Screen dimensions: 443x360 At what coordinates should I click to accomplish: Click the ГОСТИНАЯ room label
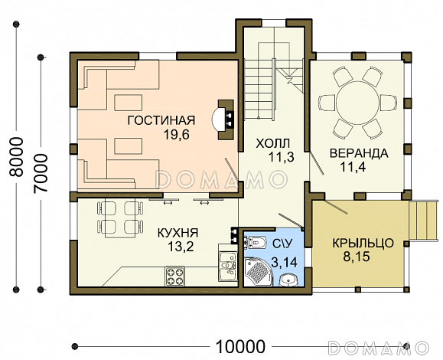161,120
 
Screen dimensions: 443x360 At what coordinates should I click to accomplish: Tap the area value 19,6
176,135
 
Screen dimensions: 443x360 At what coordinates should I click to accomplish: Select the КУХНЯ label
178,234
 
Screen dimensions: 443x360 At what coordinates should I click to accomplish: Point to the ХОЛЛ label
273,144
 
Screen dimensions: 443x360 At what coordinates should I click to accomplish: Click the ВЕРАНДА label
359,153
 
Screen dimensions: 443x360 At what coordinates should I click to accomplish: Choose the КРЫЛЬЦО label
363,244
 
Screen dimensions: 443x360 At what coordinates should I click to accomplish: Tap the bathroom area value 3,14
284,263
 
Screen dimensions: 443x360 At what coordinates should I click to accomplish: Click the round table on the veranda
357,103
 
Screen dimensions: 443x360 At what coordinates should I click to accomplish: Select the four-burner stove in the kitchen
175,276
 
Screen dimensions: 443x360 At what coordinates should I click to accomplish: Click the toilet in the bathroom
256,243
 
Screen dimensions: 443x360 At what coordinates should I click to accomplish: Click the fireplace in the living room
223,119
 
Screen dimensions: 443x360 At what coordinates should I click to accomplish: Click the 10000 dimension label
241,346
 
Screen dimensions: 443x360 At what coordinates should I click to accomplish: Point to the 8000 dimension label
16,157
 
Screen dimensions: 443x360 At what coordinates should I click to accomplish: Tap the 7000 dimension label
41,173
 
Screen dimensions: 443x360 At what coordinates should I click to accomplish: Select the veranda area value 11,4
353,167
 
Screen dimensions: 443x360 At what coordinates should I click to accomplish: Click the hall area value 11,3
281,157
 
